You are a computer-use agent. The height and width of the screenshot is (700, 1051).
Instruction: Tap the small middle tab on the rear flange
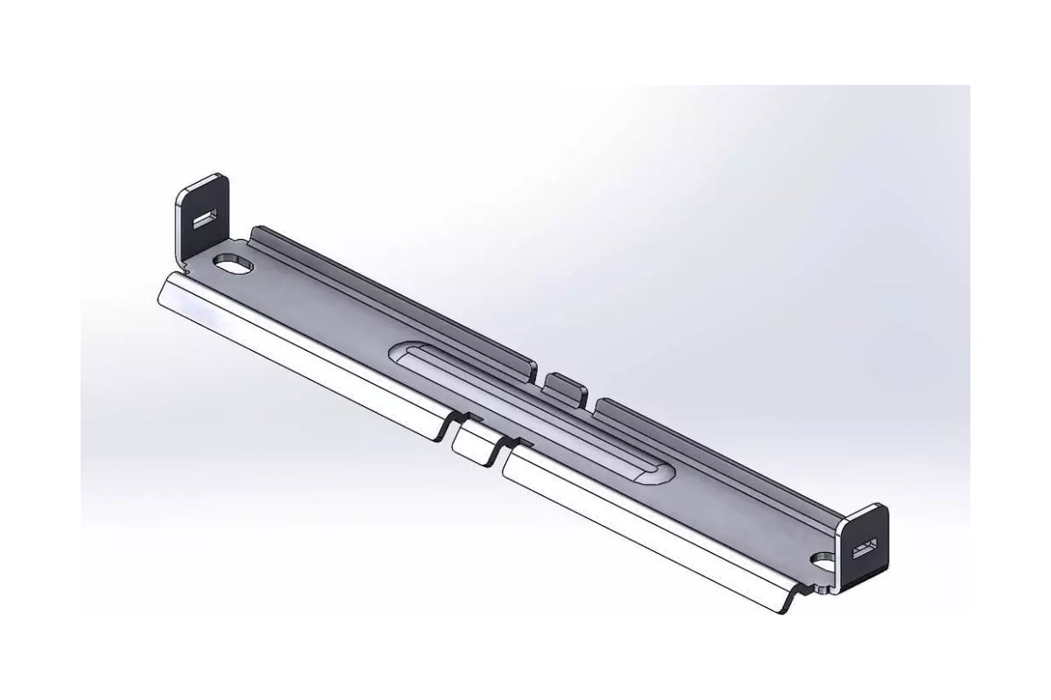coord(565,388)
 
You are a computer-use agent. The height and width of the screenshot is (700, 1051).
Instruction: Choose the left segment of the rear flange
coord(394,297)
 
